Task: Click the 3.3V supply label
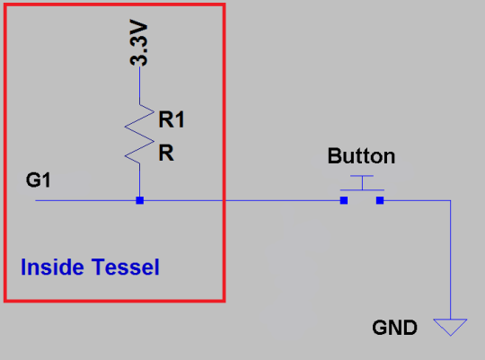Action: coord(138,43)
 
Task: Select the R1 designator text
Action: coord(172,119)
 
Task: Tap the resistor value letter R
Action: coord(166,153)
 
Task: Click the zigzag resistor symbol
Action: coord(139,134)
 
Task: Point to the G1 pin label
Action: coord(39,180)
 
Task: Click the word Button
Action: coord(361,156)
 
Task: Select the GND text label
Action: coord(394,328)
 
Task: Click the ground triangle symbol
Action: coord(450,327)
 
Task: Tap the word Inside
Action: coord(52,267)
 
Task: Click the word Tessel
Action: coord(125,267)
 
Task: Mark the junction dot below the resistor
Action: coord(140,200)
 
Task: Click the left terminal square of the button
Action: coord(344,200)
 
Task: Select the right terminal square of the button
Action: coord(380,200)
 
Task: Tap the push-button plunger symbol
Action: coord(362,183)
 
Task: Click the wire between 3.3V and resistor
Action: coord(139,85)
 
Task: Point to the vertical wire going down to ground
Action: coord(450,259)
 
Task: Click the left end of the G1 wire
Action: coord(36,200)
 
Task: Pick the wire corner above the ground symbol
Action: coord(450,200)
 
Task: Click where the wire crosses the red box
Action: coord(224,200)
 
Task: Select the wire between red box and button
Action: coord(283,200)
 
